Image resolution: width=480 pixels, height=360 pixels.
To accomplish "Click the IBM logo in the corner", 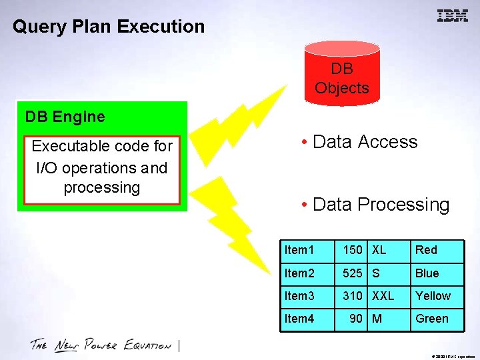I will [452, 16].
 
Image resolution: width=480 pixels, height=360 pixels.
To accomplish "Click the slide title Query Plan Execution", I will [109, 27].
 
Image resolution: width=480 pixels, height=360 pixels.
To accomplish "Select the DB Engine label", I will [65, 117].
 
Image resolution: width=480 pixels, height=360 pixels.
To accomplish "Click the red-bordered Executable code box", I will [102, 170].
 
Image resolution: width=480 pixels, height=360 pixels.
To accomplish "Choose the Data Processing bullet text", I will [375, 205].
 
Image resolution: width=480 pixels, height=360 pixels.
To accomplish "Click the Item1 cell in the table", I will [299, 250].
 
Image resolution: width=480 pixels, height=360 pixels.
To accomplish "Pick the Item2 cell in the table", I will [299, 273].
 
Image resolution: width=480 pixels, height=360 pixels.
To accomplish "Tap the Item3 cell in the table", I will [299, 295].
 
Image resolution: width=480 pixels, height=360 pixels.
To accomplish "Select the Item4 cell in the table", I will [299, 319].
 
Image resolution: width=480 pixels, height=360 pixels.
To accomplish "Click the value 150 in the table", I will [353, 250].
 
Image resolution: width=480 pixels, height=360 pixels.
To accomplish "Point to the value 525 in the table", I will [353, 273].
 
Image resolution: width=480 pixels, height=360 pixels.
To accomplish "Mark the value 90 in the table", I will [357, 319].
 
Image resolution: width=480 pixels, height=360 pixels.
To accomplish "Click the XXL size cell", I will [383, 295].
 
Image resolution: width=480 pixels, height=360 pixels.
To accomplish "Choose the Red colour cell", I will [426, 250].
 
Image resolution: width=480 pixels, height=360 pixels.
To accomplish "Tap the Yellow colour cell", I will [433, 295].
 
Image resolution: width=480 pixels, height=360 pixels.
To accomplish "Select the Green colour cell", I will [431, 319].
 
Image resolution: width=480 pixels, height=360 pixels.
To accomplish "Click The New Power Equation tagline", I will [100, 345].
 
